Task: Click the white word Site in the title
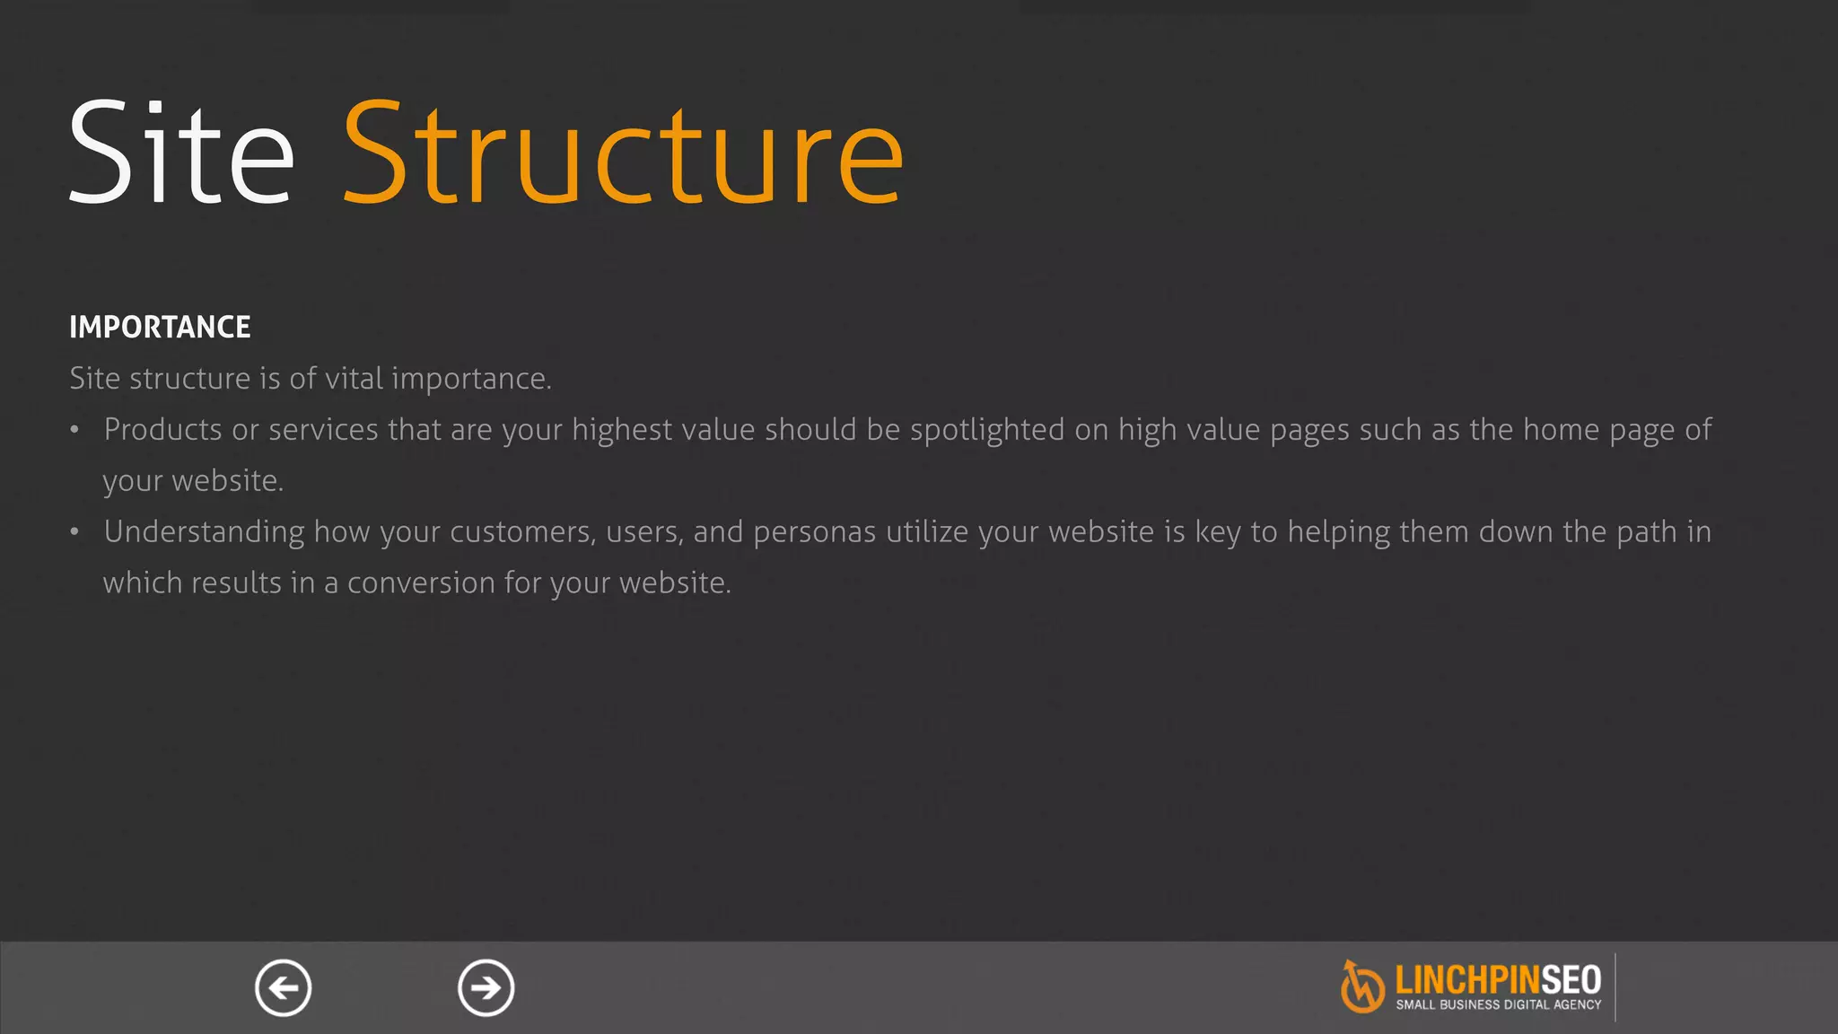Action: [x=181, y=153]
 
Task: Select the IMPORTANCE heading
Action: [x=160, y=327]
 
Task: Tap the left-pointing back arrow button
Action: [x=283, y=988]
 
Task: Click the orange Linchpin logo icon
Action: [x=1361, y=986]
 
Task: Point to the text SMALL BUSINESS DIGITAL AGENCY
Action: [x=1498, y=1005]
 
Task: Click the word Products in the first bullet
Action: [x=162, y=430]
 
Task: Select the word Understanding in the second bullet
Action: [x=204, y=532]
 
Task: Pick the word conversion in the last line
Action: [x=421, y=583]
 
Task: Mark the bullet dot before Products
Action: [x=75, y=431]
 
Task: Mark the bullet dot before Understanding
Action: [x=75, y=533]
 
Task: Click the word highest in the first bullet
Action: [x=622, y=430]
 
